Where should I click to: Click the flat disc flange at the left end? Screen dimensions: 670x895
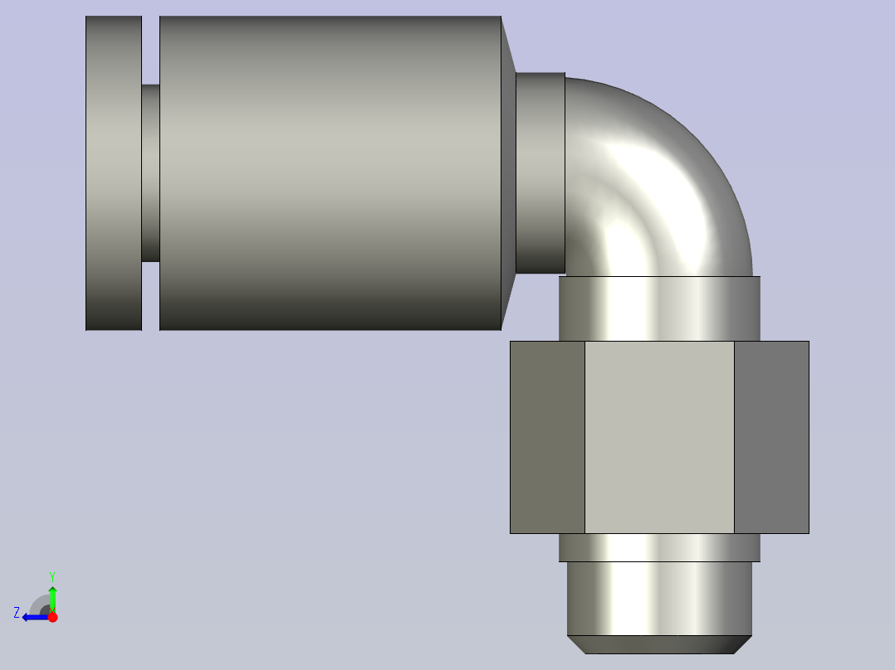click(114, 172)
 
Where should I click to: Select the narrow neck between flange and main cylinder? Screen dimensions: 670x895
click(150, 172)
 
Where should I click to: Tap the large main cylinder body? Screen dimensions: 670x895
click(330, 172)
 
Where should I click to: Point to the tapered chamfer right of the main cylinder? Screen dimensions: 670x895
click(508, 172)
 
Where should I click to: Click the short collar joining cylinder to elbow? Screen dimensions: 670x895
click(540, 172)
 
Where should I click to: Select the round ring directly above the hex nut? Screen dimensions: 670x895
click(659, 308)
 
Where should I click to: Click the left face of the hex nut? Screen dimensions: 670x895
click(547, 437)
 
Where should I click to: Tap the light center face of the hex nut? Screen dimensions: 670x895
click(659, 437)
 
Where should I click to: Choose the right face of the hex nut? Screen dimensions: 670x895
click(771, 437)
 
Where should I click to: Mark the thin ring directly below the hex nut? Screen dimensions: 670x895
click(659, 547)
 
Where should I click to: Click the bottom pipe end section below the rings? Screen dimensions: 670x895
click(659, 598)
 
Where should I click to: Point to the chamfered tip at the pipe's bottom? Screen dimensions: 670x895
click(659, 644)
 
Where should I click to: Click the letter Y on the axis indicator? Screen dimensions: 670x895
click(52, 576)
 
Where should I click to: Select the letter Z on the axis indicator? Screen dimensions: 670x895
click(17, 613)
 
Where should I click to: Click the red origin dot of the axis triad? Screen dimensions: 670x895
click(52, 617)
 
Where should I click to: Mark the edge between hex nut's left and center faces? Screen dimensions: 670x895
click(585, 437)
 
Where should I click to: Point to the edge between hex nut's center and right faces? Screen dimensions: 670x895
click(734, 437)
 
